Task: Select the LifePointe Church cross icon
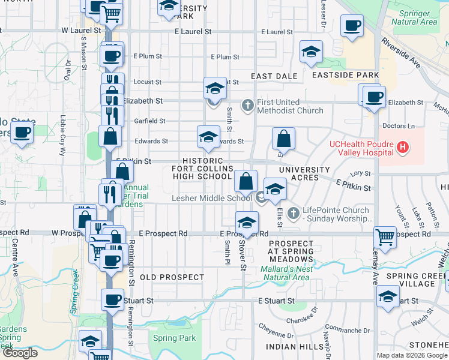click(x=293, y=212)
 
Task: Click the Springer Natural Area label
click(x=414, y=17)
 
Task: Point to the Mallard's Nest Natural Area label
click(x=286, y=273)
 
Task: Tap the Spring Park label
click(x=174, y=338)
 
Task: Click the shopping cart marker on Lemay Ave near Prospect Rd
click(x=384, y=236)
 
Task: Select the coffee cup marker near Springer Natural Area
click(x=352, y=26)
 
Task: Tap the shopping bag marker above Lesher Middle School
click(x=246, y=181)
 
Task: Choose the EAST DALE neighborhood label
click(x=274, y=76)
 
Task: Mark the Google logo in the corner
click(x=20, y=353)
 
